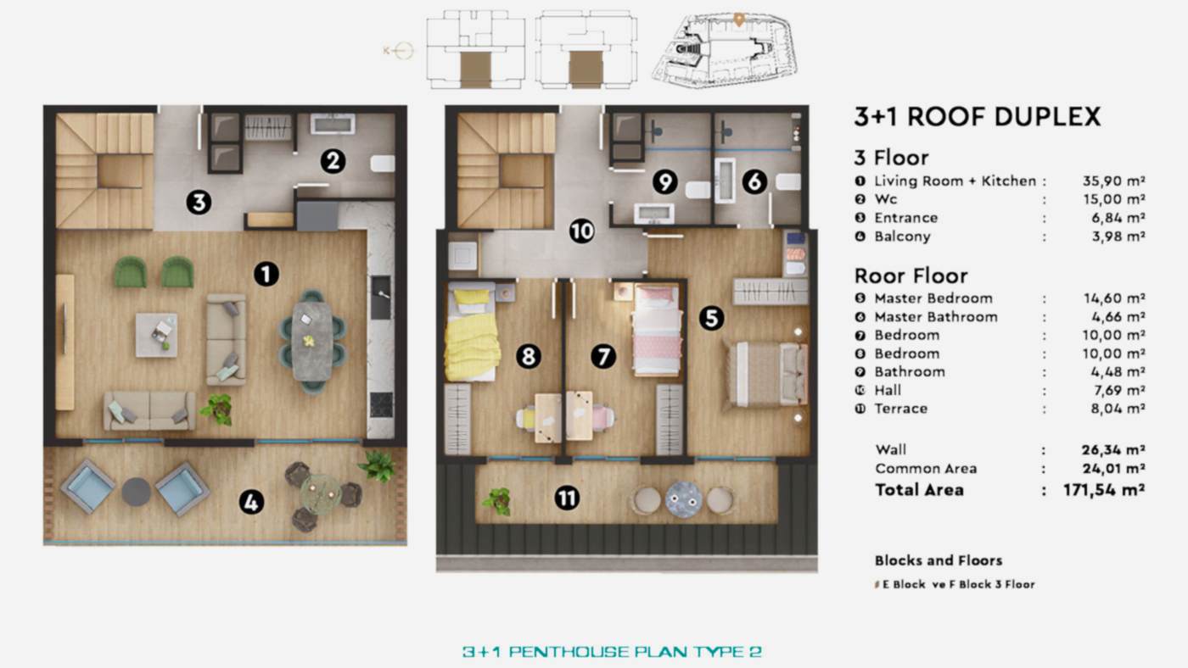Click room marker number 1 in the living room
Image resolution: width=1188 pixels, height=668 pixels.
(x=266, y=273)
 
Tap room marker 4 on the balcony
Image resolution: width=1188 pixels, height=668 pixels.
(x=250, y=503)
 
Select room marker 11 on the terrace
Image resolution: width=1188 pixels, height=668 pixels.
(x=566, y=498)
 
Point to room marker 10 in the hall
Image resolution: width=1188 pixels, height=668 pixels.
(x=581, y=231)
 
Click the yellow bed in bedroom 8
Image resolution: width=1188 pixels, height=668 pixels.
(x=473, y=335)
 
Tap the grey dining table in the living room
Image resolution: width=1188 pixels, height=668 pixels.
(x=312, y=341)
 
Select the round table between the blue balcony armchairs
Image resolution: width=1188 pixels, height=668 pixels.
(x=136, y=492)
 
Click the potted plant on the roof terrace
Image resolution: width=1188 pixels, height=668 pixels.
(x=497, y=500)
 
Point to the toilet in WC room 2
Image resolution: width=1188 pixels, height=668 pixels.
(x=383, y=163)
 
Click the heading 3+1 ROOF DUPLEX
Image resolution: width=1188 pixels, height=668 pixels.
(x=977, y=117)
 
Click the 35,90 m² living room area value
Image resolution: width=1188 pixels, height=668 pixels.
(x=1114, y=181)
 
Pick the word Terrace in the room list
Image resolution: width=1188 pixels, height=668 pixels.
(x=900, y=409)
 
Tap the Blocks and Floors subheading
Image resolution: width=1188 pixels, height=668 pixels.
(x=938, y=560)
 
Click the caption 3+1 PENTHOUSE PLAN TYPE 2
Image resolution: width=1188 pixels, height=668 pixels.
(x=612, y=652)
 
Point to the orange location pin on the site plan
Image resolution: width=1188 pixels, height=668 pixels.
(x=739, y=18)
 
